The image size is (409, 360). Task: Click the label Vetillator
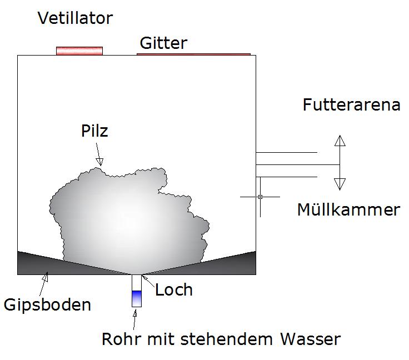pyautogui.click(x=75, y=19)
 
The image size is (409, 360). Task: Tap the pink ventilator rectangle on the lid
pyautogui.click(x=79, y=51)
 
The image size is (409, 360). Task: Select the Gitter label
pyautogui.click(x=163, y=43)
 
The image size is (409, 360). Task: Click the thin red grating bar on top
pyautogui.click(x=193, y=54)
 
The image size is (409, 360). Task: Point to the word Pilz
pyautogui.click(x=92, y=132)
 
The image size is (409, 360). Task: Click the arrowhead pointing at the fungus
pyautogui.click(x=99, y=162)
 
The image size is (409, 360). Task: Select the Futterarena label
pyautogui.click(x=351, y=105)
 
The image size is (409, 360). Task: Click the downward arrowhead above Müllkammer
pyautogui.click(x=340, y=184)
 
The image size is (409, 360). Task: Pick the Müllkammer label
pyautogui.click(x=348, y=210)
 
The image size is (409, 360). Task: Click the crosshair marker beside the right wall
pyautogui.click(x=260, y=197)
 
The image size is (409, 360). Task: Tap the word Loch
pyautogui.click(x=174, y=290)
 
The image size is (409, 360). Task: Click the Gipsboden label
pyautogui.click(x=47, y=305)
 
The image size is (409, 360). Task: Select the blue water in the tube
pyautogui.click(x=137, y=298)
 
